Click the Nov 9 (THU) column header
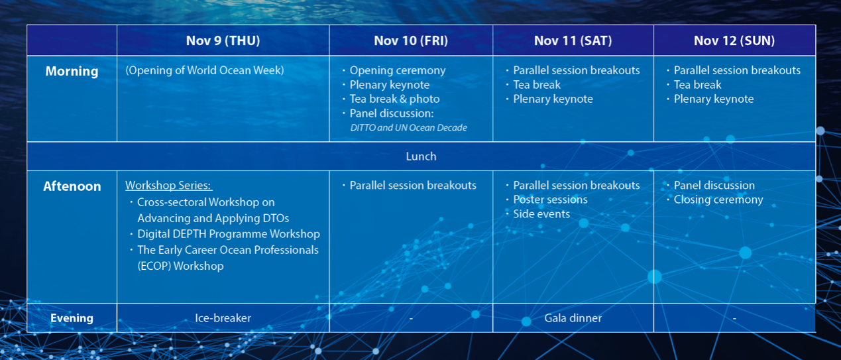coord(223,40)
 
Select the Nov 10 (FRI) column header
coord(411,40)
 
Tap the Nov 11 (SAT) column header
coord(573,40)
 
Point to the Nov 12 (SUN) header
coord(734,40)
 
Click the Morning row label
coord(72,71)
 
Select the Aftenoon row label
coord(72,186)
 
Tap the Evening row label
coord(72,318)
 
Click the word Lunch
coord(421,156)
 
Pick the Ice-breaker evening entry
coord(223,318)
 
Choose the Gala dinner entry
coord(573,318)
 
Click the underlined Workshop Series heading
coord(168,185)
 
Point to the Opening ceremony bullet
coord(398,70)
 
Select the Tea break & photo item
coord(394,99)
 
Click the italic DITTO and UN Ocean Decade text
coord(408,128)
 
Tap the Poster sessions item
coord(550,200)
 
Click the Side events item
coord(541,214)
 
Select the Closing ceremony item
coord(718,200)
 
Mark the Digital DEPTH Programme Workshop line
coord(229,234)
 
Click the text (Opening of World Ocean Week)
coord(205,70)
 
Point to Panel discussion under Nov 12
coord(714,185)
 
